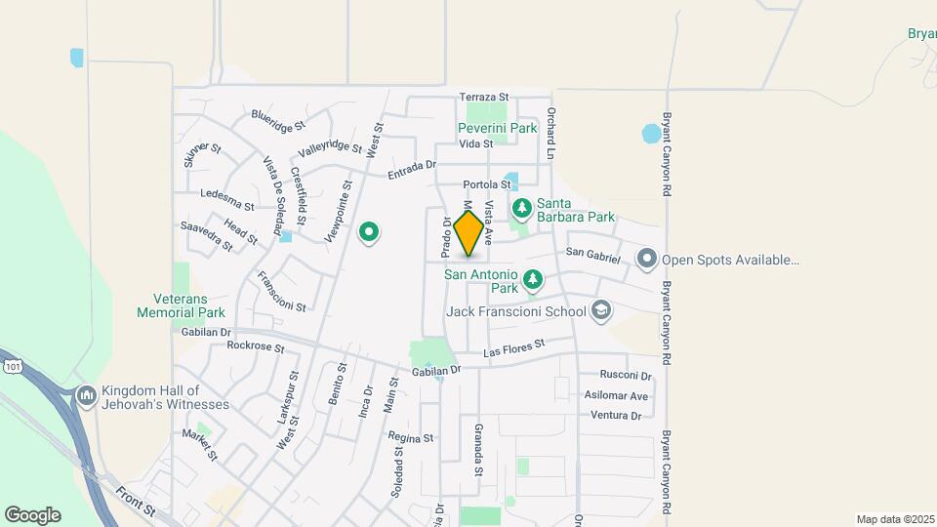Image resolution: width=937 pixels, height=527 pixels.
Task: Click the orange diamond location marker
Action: pyautogui.click(x=469, y=233)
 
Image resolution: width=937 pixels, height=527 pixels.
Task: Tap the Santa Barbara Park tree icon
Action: pyautogui.click(x=522, y=207)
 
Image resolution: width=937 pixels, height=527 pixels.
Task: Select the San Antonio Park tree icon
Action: pyautogui.click(x=533, y=281)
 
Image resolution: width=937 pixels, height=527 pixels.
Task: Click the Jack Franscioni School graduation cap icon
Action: pyautogui.click(x=601, y=311)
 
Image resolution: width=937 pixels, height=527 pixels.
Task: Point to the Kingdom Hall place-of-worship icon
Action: pyautogui.click(x=85, y=395)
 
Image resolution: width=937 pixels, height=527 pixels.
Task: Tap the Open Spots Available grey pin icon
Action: pyautogui.click(x=646, y=260)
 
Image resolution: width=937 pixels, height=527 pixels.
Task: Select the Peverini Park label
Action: pyautogui.click(x=498, y=128)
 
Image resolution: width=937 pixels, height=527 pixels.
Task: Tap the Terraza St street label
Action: pyautogui.click(x=485, y=98)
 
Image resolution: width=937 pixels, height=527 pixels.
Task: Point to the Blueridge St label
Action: pyautogui.click(x=278, y=120)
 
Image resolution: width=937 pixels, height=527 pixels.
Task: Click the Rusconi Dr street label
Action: pyautogui.click(x=626, y=376)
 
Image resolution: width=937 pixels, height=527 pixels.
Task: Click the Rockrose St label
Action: pyautogui.click(x=255, y=346)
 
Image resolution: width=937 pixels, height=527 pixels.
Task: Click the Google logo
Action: pyautogui.click(x=32, y=515)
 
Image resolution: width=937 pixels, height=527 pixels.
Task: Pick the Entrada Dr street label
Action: pyautogui.click(x=411, y=170)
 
